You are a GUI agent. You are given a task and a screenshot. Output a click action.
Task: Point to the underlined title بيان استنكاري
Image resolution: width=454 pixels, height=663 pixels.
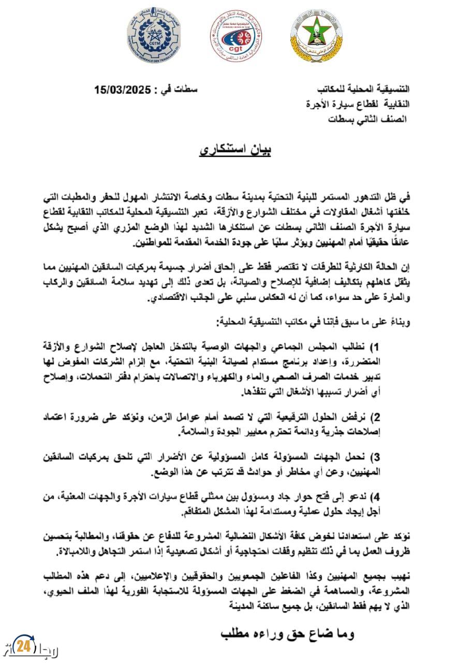[236, 151]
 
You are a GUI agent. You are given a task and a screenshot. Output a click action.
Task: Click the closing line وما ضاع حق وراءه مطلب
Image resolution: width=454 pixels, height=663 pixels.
[287, 633]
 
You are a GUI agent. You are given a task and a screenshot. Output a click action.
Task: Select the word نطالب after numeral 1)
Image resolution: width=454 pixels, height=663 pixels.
[384, 346]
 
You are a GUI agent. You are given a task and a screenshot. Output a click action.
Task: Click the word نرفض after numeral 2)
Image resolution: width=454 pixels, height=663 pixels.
[385, 418]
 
